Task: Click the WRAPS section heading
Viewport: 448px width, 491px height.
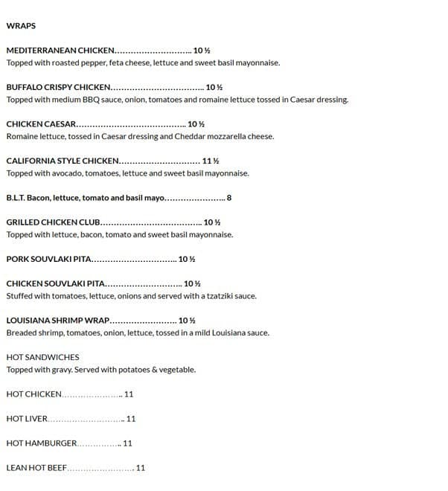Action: pos(21,26)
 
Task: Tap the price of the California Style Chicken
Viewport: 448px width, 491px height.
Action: pos(211,161)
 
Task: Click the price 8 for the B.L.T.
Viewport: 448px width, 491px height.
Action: pos(229,198)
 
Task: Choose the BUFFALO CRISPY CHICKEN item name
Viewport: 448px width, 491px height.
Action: pos(59,87)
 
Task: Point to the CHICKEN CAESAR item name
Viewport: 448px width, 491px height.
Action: pos(41,124)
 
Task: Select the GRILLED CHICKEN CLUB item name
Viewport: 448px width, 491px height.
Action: pos(53,222)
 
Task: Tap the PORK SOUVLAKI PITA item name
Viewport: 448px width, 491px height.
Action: pos(48,260)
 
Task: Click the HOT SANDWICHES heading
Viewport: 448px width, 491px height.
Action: pos(42,357)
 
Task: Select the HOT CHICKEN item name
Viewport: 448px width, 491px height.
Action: pos(33,394)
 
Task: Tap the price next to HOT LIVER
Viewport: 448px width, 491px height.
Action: pos(131,419)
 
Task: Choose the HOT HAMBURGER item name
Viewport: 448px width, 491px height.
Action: pos(41,443)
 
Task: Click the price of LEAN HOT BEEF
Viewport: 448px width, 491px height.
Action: pos(141,468)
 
